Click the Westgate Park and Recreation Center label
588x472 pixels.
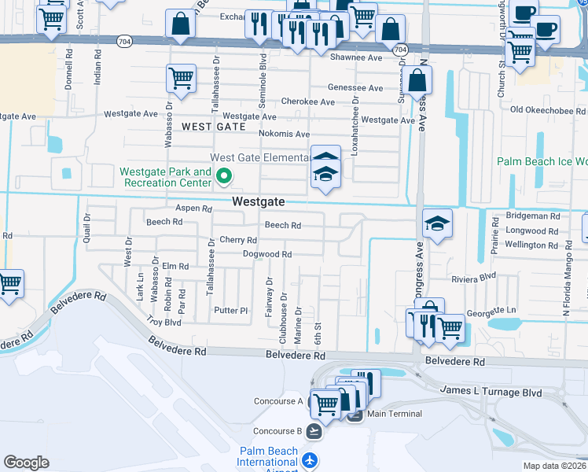click(x=165, y=177)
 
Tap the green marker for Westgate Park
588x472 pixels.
click(x=224, y=177)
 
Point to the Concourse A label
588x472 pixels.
click(x=278, y=401)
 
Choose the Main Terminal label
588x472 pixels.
click(x=394, y=414)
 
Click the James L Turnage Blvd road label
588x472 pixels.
click(x=491, y=392)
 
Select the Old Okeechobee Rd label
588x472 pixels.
click(x=548, y=110)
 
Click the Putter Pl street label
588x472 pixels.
click(x=232, y=311)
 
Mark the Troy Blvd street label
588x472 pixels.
click(x=164, y=323)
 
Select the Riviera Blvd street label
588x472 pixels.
click(x=474, y=278)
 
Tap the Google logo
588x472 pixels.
click(x=26, y=463)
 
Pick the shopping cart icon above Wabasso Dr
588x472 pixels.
click(x=181, y=79)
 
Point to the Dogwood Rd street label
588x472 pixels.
click(x=267, y=254)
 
